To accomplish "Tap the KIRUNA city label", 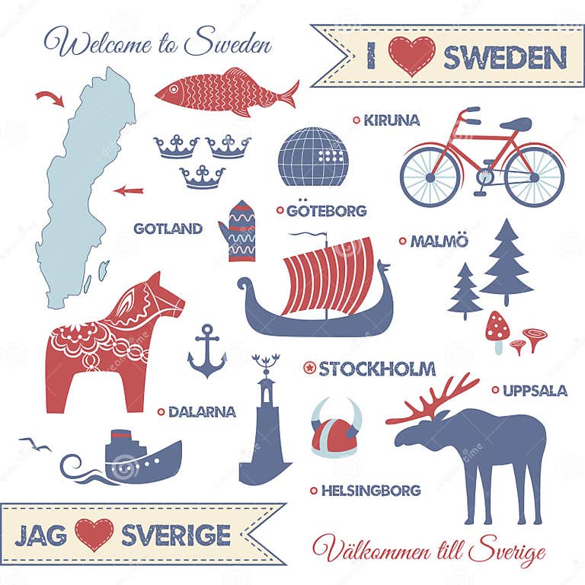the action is point(392,120).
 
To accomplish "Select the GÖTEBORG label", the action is point(326,211).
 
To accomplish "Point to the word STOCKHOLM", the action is point(377,369).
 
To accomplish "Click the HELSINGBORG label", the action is point(370,491).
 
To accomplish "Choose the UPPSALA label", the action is point(534,391).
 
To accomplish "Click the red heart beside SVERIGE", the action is point(94,534).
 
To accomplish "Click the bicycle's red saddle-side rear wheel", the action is point(534,177).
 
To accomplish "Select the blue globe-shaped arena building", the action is point(313,157).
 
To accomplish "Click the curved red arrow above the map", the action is point(50,97).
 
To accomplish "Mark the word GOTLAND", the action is point(168,228).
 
